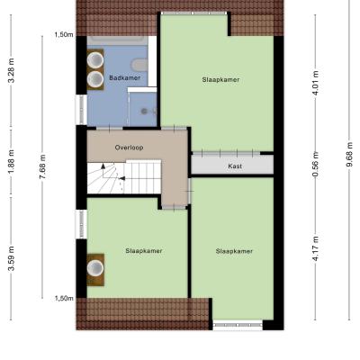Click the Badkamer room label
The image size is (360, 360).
124,78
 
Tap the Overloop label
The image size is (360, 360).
129,148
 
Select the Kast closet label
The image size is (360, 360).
235,166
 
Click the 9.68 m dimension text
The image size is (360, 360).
349,156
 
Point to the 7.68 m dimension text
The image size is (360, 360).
42,166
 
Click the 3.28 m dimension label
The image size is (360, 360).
11,71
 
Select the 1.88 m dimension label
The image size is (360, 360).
11,161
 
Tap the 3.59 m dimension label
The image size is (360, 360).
11,258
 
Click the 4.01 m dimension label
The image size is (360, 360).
315,83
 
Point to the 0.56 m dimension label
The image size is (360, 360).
315,165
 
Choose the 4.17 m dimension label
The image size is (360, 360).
315,248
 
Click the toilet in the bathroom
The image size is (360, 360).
139,65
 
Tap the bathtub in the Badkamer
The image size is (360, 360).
117,40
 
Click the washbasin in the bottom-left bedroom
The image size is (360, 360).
95,267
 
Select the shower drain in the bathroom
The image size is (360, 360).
144,112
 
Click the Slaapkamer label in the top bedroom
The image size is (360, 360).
220,80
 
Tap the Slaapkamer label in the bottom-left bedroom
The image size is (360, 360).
144,251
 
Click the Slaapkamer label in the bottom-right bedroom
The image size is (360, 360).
234,251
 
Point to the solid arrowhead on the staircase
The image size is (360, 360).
103,166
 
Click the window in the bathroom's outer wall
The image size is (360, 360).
81,110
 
